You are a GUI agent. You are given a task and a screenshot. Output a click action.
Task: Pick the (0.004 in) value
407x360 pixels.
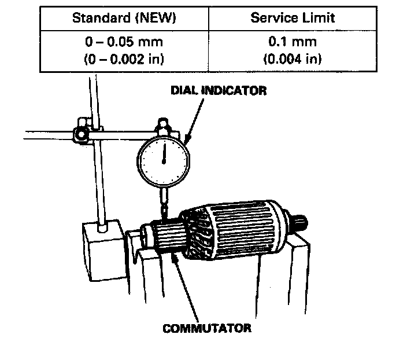coord(293,58)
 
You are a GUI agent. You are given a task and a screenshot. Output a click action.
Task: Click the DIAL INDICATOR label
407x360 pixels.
coord(218,91)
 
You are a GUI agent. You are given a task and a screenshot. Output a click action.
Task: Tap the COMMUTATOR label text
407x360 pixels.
coord(207,328)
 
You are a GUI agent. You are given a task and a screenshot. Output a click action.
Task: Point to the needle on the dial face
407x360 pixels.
coord(164,152)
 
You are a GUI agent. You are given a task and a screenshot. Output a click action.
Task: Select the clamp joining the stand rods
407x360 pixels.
coord(81,133)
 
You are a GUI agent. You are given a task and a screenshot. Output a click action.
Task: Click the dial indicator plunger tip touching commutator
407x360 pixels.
coord(164,216)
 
